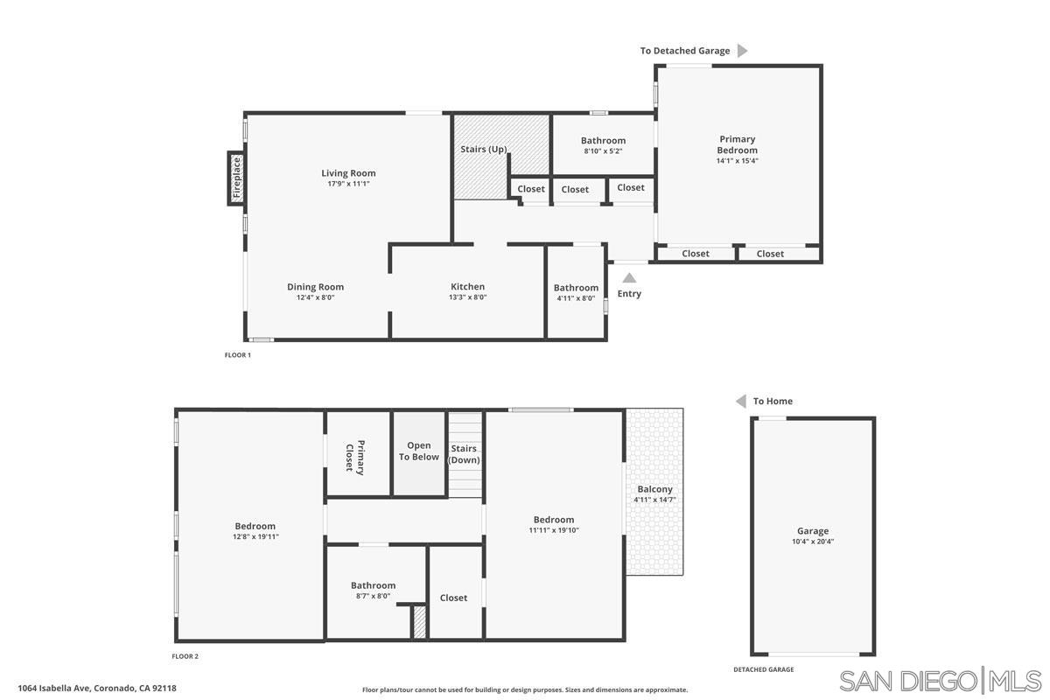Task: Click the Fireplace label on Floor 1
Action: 236,178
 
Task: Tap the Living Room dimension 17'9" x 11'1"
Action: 347,184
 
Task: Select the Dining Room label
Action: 315,287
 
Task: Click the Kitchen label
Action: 467,287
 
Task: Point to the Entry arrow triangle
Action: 629,278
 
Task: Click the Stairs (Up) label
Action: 484,150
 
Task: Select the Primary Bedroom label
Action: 737,144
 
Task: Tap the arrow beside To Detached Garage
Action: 742,51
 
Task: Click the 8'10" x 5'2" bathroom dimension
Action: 603,151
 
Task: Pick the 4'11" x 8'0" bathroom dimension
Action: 576,297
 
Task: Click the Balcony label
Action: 654,489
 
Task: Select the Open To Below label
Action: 419,451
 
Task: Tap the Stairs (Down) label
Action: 464,454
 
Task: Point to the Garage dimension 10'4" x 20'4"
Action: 812,542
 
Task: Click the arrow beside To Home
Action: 740,401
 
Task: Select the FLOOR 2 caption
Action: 185,655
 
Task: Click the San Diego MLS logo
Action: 940,680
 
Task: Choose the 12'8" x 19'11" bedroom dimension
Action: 255,536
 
